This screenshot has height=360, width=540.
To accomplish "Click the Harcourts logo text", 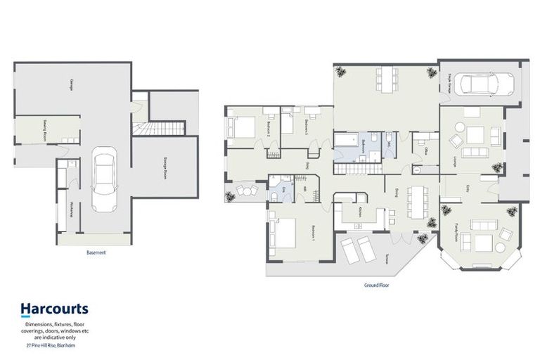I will pos(54,308).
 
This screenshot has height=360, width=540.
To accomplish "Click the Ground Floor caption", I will pos(376,286).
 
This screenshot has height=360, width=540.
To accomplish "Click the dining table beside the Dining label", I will pos(419,201).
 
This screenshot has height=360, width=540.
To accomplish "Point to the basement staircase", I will pos(161,129).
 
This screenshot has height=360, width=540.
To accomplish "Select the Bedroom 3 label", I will pos(307,127).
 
